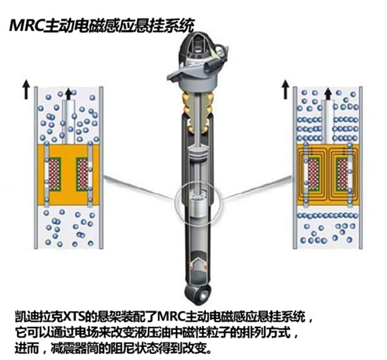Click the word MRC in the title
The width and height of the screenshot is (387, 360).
(26, 26)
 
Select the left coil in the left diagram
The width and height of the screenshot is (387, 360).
(54, 174)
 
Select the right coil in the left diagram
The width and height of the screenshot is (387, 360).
(82, 174)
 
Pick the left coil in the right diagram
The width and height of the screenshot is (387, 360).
(313, 174)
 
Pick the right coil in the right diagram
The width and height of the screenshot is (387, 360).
(343, 174)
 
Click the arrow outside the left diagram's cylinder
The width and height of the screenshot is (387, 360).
(26, 89)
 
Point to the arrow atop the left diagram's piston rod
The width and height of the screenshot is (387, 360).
(69, 94)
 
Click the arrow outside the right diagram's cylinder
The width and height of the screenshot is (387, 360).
(285, 89)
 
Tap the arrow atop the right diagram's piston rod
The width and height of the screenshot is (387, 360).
(328, 94)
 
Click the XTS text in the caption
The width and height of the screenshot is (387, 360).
(74, 316)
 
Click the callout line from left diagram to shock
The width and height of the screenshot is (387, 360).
(139, 188)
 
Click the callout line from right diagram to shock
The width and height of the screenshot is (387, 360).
(257, 188)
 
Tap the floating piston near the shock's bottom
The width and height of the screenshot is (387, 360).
(198, 266)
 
